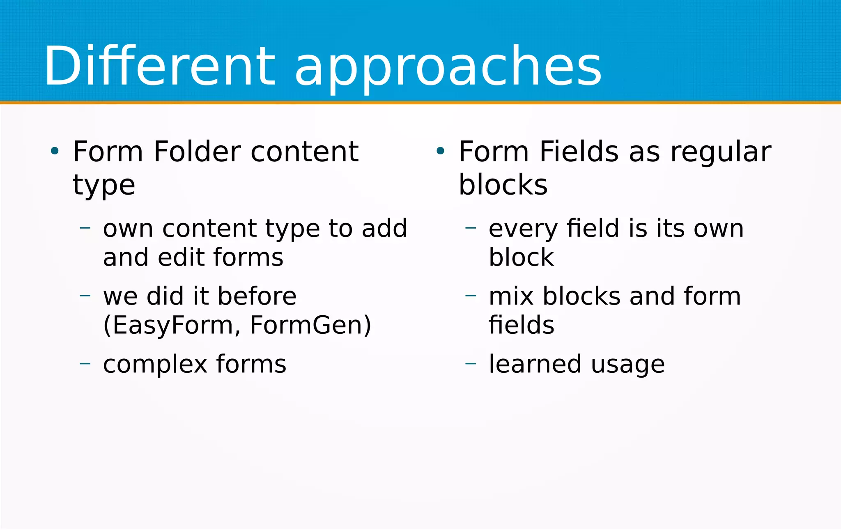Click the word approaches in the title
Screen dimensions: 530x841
click(x=448, y=68)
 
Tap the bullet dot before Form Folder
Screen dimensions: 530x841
click(x=55, y=151)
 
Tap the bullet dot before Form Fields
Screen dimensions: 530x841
click(x=440, y=151)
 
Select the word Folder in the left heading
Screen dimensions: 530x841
click(x=197, y=152)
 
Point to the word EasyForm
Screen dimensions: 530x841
click(x=172, y=325)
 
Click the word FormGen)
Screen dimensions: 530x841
click(x=310, y=325)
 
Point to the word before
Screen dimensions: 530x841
click(x=257, y=296)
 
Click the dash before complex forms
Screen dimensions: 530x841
click(x=85, y=363)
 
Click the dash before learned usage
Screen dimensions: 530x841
click(x=471, y=363)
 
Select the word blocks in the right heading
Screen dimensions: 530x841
click(x=503, y=185)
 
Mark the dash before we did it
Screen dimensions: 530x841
click(x=85, y=295)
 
